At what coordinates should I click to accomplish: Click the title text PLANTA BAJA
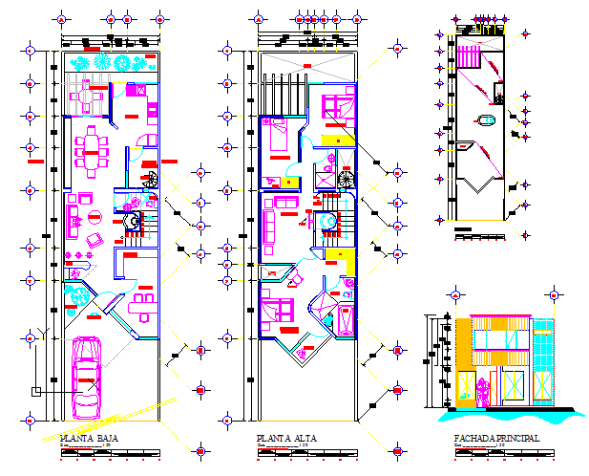89,439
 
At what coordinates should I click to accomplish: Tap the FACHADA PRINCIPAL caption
496,439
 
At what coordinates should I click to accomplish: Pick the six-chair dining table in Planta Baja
92,149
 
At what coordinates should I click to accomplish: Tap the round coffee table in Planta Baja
95,238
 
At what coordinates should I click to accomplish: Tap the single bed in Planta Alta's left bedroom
279,140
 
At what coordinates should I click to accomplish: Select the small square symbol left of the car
35,391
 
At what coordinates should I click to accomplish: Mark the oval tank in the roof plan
483,120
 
